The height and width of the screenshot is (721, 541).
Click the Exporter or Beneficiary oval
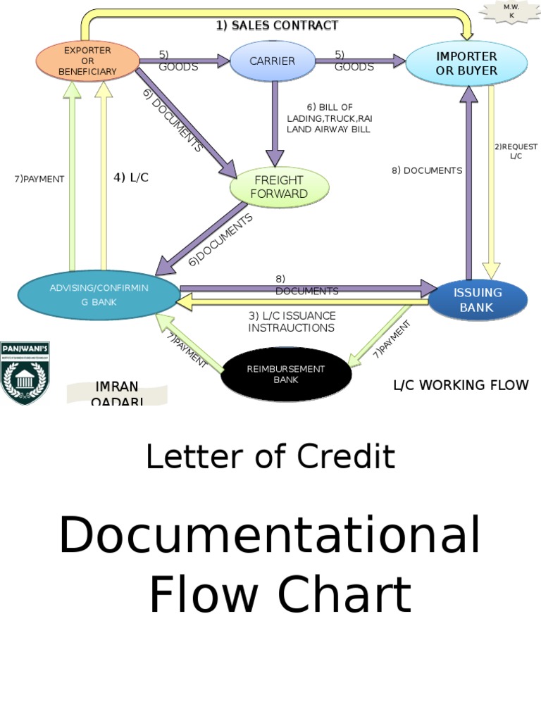[87, 61]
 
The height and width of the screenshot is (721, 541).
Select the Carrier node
[272, 61]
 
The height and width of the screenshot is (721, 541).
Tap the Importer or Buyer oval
[466, 63]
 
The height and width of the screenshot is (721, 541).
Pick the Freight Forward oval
[279, 187]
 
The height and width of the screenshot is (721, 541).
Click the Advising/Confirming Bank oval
[98, 295]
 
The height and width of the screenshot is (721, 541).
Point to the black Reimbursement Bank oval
[285, 374]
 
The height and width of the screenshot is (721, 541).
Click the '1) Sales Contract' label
[277, 25]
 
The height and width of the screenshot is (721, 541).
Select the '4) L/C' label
[131, 178]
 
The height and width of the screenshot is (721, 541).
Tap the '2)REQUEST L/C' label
[516, 151]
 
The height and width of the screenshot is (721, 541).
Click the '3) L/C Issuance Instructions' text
[291, 322]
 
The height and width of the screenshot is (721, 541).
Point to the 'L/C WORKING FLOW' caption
[460, 385]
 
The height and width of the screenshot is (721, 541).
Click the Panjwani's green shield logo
[25, 372]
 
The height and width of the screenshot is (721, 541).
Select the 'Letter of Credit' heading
[270, 457]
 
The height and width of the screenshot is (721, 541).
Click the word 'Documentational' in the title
[270, 535]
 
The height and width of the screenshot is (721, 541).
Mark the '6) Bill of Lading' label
[328, 118]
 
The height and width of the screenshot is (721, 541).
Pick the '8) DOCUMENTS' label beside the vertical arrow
[427, 170]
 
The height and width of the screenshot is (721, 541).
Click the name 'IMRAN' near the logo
[117, 387]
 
